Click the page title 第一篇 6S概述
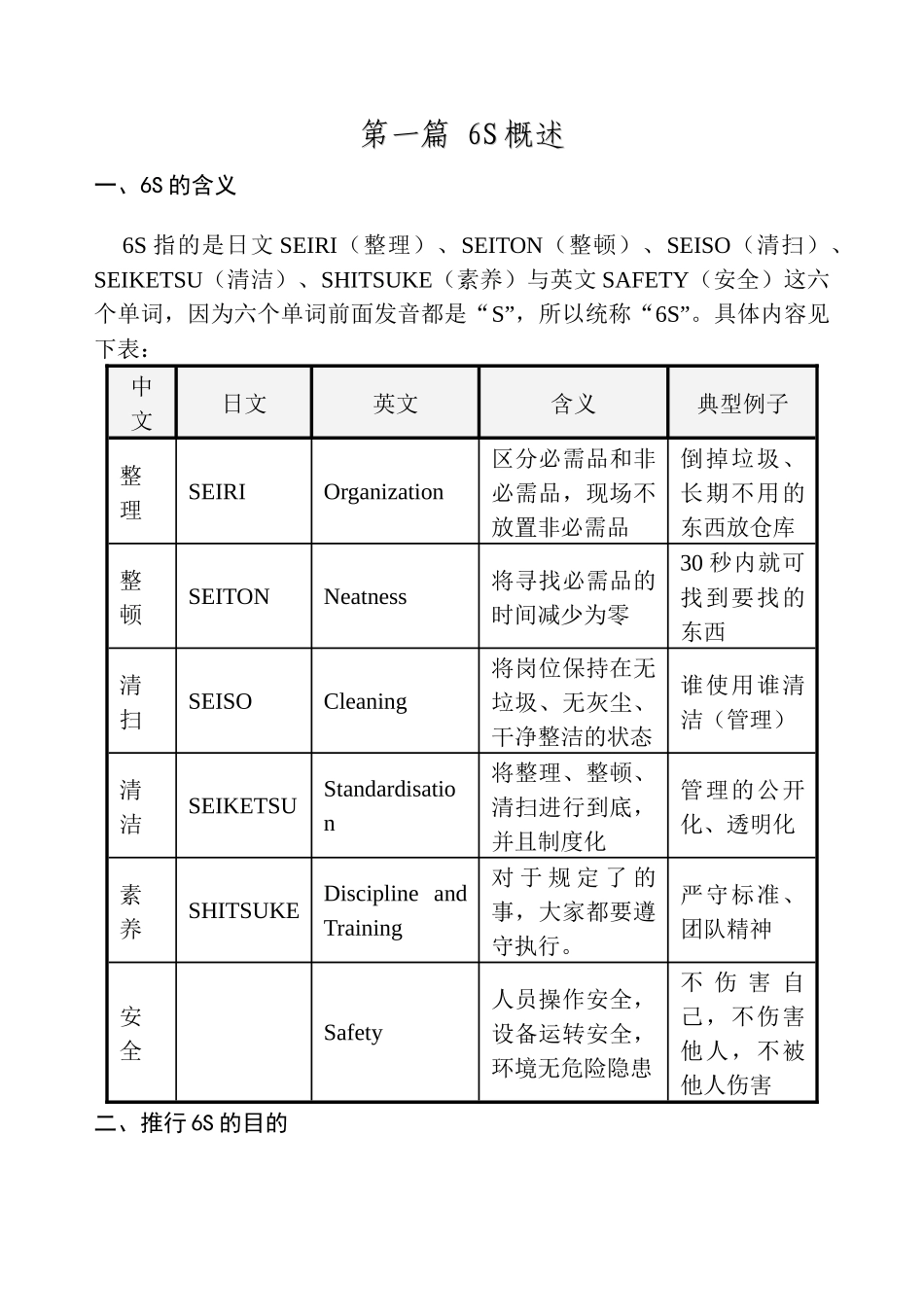tap(462, 134)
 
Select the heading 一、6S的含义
tap(165, 186)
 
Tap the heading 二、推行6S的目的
tap(191, 1123)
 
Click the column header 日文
tap(244, 404)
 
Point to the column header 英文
tap(395, 404)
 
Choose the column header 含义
tap(573, 404)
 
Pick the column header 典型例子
tap(742, 404)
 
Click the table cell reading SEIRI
tap(217, 492)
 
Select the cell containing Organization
tap(383, 492)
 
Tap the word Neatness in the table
tap(365, 597)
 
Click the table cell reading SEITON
tap(229, 597)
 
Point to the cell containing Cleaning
tap(365, 701)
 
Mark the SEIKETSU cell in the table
tap(242, 806)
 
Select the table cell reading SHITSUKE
tap(243, 910)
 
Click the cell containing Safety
tap(352, 1033)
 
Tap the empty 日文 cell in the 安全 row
tap(243, 1033)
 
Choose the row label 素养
tap(131, 911)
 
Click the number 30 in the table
tap(692, 563)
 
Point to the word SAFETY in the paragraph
tap(645, 280)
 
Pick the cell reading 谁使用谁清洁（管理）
tap(742, 702)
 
